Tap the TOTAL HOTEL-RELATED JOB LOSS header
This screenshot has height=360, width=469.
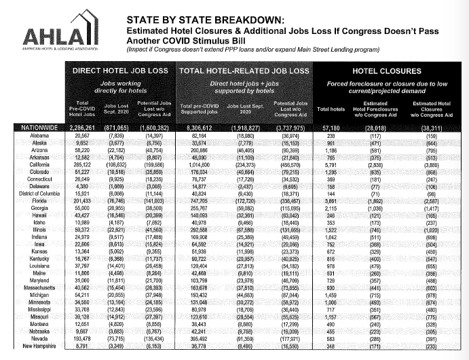[244, 70]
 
